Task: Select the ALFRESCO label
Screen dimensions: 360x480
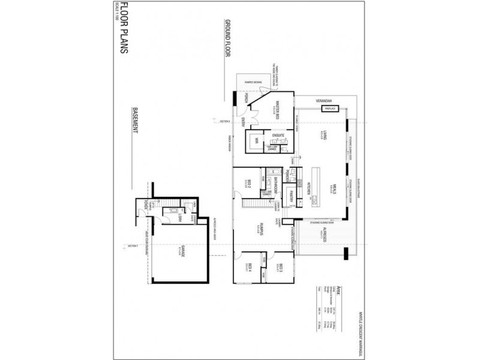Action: pos(323,235)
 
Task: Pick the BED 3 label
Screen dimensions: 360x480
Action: pos(280,268)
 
